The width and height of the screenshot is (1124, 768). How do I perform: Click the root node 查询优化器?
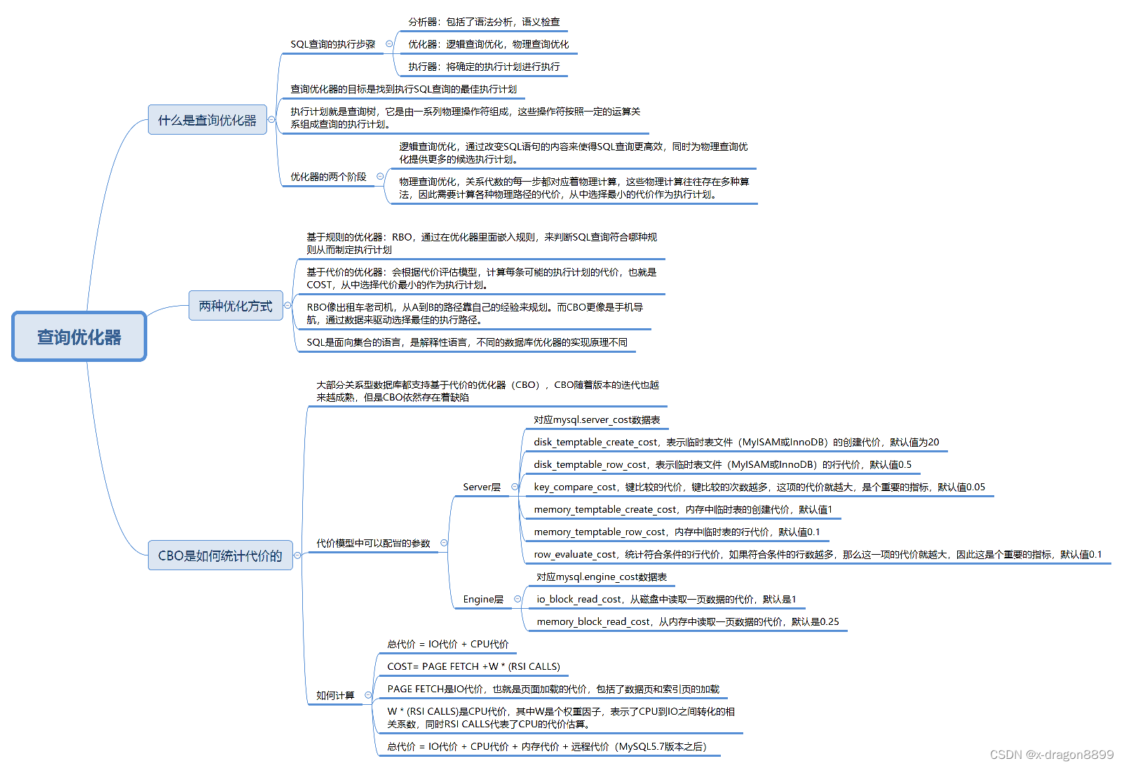[79, 337]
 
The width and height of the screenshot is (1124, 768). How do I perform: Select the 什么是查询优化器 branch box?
[207, 120]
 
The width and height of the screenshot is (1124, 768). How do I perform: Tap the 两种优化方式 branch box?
[235, 306]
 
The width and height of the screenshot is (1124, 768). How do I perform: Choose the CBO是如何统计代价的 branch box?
[219, 555]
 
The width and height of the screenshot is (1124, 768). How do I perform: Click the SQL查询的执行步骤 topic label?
[332, 44]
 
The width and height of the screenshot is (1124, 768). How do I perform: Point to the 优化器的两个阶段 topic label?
[328, 177]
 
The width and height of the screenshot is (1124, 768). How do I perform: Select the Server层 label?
[481, 487]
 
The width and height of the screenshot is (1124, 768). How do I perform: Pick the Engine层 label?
[482, 599]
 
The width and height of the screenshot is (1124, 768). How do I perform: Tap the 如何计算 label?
[335, 695]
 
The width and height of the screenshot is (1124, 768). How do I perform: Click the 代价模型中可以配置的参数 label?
[373, 543]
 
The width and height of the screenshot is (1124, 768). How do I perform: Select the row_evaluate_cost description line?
[817, 554]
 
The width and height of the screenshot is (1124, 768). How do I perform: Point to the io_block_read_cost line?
[666, 599]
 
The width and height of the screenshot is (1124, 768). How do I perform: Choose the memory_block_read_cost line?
[687, 621]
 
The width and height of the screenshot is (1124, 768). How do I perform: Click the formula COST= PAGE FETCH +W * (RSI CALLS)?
[473, 666]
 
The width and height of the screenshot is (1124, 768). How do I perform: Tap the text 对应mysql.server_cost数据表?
[596, 419]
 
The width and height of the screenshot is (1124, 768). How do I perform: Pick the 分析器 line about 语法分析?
[484, 22]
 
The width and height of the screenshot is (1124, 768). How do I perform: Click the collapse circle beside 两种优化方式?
[287, 306]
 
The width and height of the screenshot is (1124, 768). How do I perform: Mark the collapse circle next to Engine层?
[517, 599]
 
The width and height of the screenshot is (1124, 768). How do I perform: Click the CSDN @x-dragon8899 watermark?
[1051, 755]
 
